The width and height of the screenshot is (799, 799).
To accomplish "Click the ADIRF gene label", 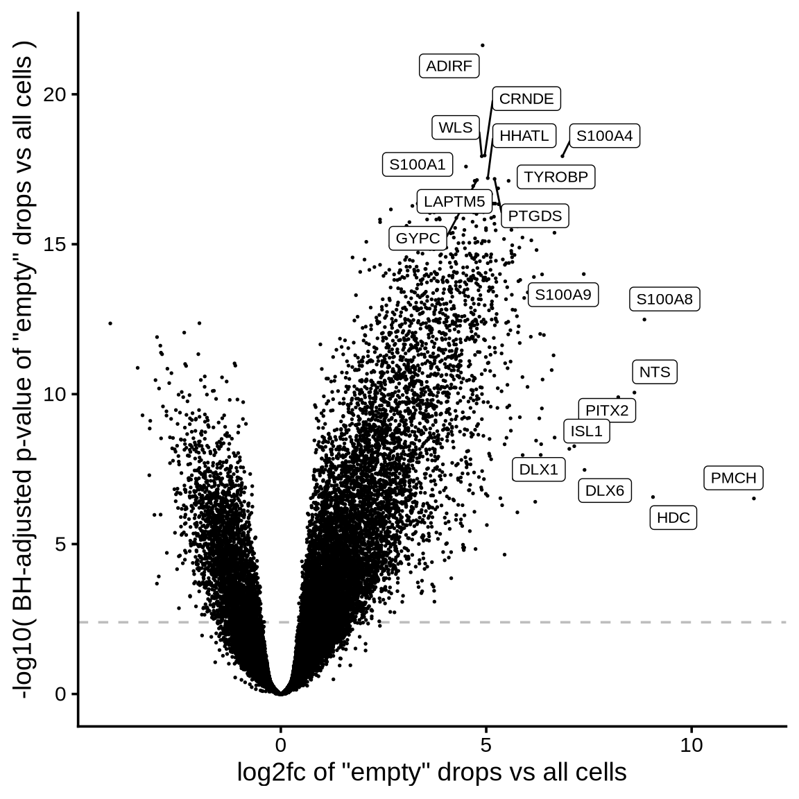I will click(449, 67).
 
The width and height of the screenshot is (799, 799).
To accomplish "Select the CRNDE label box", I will click(526, 99).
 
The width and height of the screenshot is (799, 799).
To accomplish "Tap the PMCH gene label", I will click(733, 478).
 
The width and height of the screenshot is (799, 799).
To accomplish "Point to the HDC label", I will click(673, 517).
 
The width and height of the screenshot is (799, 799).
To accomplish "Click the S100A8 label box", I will click(664, 299).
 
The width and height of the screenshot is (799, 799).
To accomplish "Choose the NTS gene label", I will click(654, 372).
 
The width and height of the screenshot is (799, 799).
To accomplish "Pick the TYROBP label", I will click(556, 177).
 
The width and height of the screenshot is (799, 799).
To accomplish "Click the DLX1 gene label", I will click(538, 470).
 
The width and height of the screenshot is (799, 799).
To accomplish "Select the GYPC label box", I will click(418, 239).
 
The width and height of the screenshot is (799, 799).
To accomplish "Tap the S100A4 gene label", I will click(604, 136).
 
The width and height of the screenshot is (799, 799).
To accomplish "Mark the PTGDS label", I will click(534, 216).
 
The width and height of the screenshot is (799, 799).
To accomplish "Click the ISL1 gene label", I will click(586, 431).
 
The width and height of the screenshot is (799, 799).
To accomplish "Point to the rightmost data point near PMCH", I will click(754, 499).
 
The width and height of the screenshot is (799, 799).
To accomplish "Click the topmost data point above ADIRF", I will click(482, 46).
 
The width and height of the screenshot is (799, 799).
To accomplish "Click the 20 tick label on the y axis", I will click(55, 94).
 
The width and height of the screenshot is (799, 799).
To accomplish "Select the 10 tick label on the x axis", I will click(691, 746).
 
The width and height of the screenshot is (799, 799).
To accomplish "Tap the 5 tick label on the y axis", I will click(62, 544).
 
